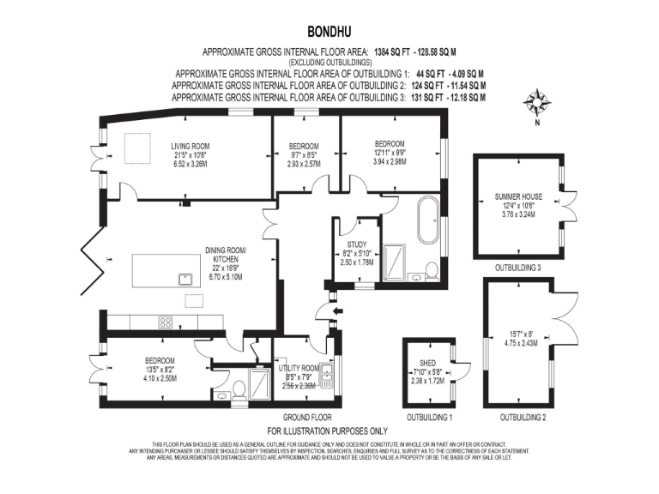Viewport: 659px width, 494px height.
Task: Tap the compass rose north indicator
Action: click(x=538, y=105)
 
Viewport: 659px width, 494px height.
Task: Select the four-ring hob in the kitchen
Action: click(x=166, y=322)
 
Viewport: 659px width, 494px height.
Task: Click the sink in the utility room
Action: click(x=328, y=374)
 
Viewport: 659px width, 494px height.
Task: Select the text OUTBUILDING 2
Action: click(x=523, y=417)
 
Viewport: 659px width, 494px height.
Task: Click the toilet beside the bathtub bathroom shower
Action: click(x=432, y=271)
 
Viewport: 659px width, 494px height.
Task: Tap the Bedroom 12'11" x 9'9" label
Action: click(x=390, y=143)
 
